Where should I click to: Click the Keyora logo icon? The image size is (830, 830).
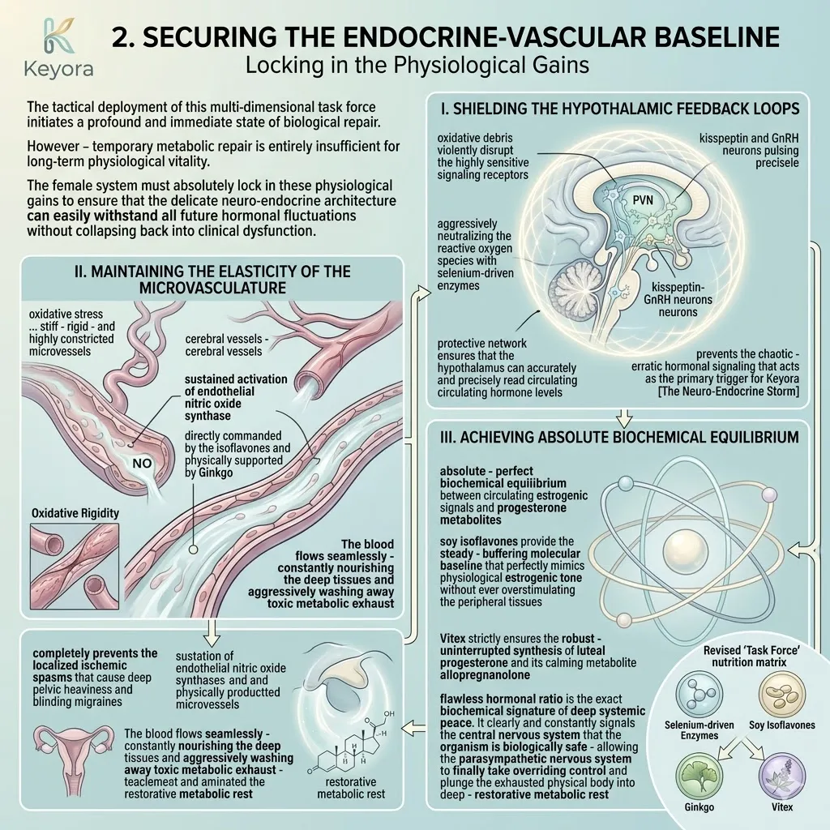(x=59, y=36)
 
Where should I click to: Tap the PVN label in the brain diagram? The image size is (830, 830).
(x=643, y=200)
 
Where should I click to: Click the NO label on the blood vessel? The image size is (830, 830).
(x=142, y=464)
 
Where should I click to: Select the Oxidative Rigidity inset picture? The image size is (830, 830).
(x=75, y=567)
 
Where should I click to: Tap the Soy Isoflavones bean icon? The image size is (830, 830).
(x=782, y=694)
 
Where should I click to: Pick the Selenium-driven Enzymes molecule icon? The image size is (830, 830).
(x=699, y=694)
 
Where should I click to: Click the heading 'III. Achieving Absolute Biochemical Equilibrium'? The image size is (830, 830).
(x=619, y=437)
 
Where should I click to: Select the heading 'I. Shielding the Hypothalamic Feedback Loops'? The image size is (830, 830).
(x=619, y=109)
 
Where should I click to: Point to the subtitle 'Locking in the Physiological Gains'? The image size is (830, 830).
(x=417, y=65)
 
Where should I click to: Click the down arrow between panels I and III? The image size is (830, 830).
(x=625, y=417)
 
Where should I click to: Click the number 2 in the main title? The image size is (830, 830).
(x=123, y=37)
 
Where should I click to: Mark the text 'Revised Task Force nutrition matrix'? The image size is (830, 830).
(x=748, y=657)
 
